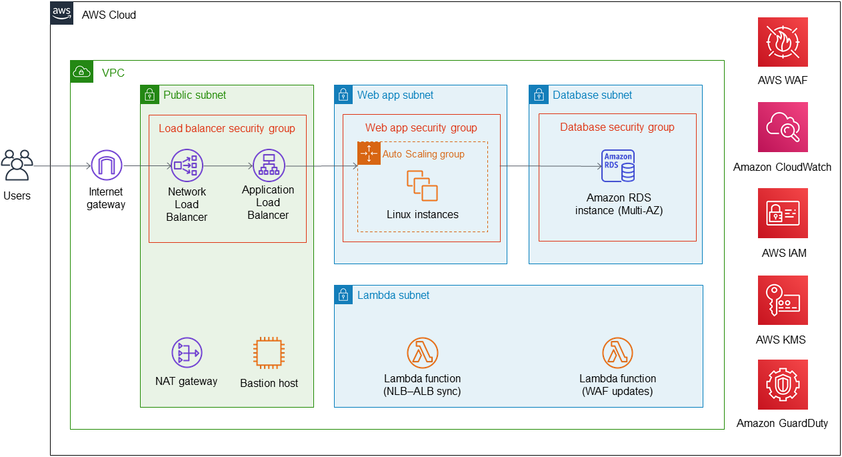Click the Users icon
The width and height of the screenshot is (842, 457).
[x=17, y=165]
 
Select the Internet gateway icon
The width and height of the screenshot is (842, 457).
[x=106, y=165]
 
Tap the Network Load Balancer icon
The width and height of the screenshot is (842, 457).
[x=187, y=165]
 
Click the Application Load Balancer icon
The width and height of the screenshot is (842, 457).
[x=269, y=165]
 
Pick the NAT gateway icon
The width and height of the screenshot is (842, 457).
[x=187, y=353]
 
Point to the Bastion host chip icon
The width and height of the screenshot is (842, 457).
[x=269, y=353]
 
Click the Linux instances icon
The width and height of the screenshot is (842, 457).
[x=422, y=185]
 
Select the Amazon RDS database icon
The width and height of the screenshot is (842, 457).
[x=618, y=166]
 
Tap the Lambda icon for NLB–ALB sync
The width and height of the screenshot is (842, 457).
[x=423, y=353]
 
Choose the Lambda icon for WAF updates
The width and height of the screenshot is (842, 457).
[x=617, y=353]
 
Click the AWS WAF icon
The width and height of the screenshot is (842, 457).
[x=783, y=42]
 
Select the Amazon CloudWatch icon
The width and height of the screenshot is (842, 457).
[x=783, y=127]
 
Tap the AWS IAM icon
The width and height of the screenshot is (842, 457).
[x=783, y=213]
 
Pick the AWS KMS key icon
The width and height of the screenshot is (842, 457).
[x=783, y=300]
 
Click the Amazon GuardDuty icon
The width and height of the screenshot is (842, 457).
[x=783, y=385]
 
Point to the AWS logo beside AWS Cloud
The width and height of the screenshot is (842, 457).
[x=62, y=13]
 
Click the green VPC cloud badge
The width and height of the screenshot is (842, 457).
[x=81, y=72]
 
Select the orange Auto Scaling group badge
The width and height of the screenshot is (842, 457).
[x=369, y=153]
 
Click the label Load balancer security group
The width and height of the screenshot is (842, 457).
[x=227, y=128]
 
